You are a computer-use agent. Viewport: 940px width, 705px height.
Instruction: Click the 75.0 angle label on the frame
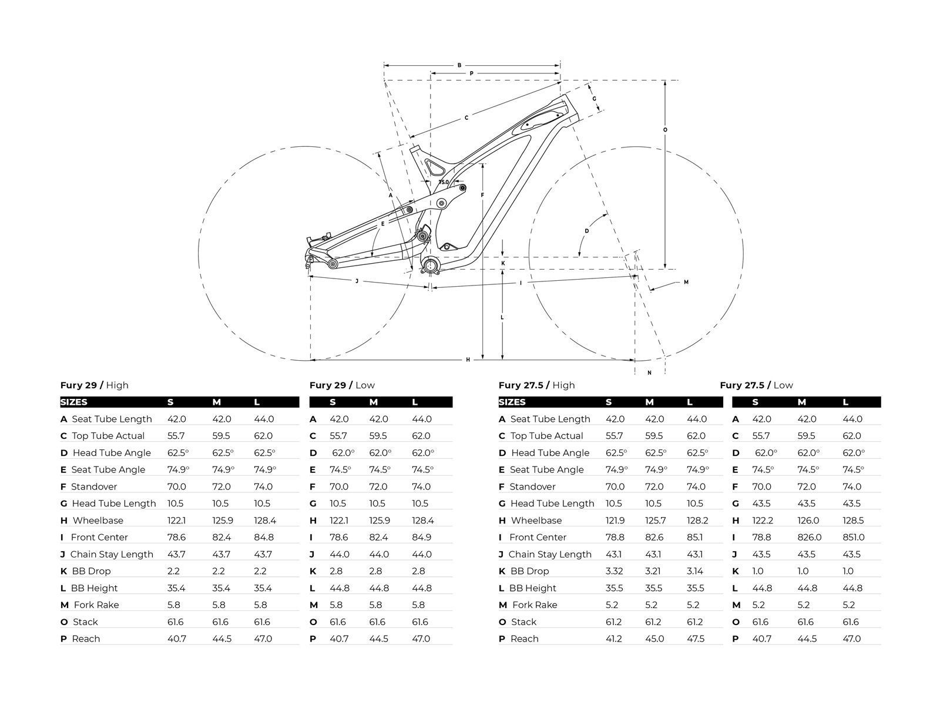[444, 182]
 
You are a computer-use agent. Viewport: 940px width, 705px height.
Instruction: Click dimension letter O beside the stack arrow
[665, 129]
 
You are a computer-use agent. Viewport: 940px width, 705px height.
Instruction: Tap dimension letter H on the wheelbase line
[468, 360]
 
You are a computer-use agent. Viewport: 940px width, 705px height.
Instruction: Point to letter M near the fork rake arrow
[686, 282]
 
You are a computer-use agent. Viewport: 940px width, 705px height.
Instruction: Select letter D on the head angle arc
[586, 231]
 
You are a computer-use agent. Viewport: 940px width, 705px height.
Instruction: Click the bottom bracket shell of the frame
[431, 265]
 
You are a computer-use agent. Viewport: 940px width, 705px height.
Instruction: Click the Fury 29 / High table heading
[94, 385]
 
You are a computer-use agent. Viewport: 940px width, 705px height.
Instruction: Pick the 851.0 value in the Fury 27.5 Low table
[853, 537]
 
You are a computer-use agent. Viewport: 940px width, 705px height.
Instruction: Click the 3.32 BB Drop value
[615, 571]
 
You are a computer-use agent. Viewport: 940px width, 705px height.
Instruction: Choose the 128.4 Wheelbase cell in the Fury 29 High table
[264, 521]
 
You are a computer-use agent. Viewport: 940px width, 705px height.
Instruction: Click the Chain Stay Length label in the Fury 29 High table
[112, 554]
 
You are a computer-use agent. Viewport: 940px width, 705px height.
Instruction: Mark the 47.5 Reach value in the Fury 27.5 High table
[696, 639]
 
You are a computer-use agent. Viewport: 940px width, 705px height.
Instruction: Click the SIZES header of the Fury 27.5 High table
[512, 402]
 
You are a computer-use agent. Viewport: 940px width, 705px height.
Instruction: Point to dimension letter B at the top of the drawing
[459, 65]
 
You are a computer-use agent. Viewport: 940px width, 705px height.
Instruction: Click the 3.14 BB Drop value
[696, 571]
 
